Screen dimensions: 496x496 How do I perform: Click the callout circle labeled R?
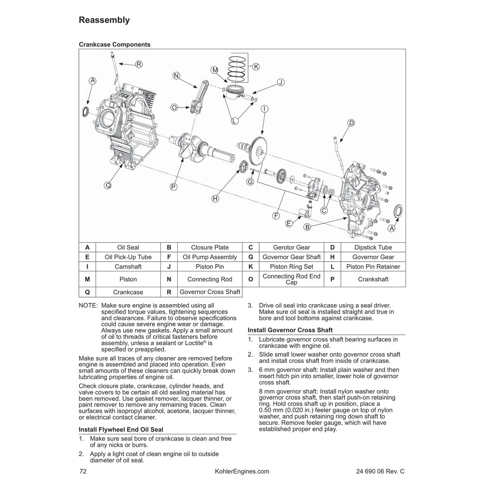point(139,64)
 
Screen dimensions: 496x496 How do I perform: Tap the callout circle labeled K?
point(255,67)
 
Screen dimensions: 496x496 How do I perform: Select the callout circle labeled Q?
point(107,186)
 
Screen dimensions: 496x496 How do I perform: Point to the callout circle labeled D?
point(351,123)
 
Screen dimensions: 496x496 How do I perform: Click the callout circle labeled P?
point(173,187)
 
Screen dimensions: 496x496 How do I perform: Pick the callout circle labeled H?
point(215,199)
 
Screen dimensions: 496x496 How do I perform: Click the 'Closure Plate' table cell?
point(210,247)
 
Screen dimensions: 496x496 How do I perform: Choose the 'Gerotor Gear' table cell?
point(291,247)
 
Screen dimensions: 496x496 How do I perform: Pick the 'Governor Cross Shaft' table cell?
point(210,292)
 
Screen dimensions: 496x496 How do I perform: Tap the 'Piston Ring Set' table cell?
point(291,267)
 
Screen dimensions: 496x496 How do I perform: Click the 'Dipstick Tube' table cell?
point(373,247)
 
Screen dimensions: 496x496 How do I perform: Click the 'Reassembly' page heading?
point(104,20)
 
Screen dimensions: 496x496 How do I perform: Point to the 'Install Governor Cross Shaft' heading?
point(290,330)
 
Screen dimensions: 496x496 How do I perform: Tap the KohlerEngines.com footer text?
point(242,471)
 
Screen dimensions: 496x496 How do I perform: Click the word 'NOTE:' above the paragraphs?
point(88,305)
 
